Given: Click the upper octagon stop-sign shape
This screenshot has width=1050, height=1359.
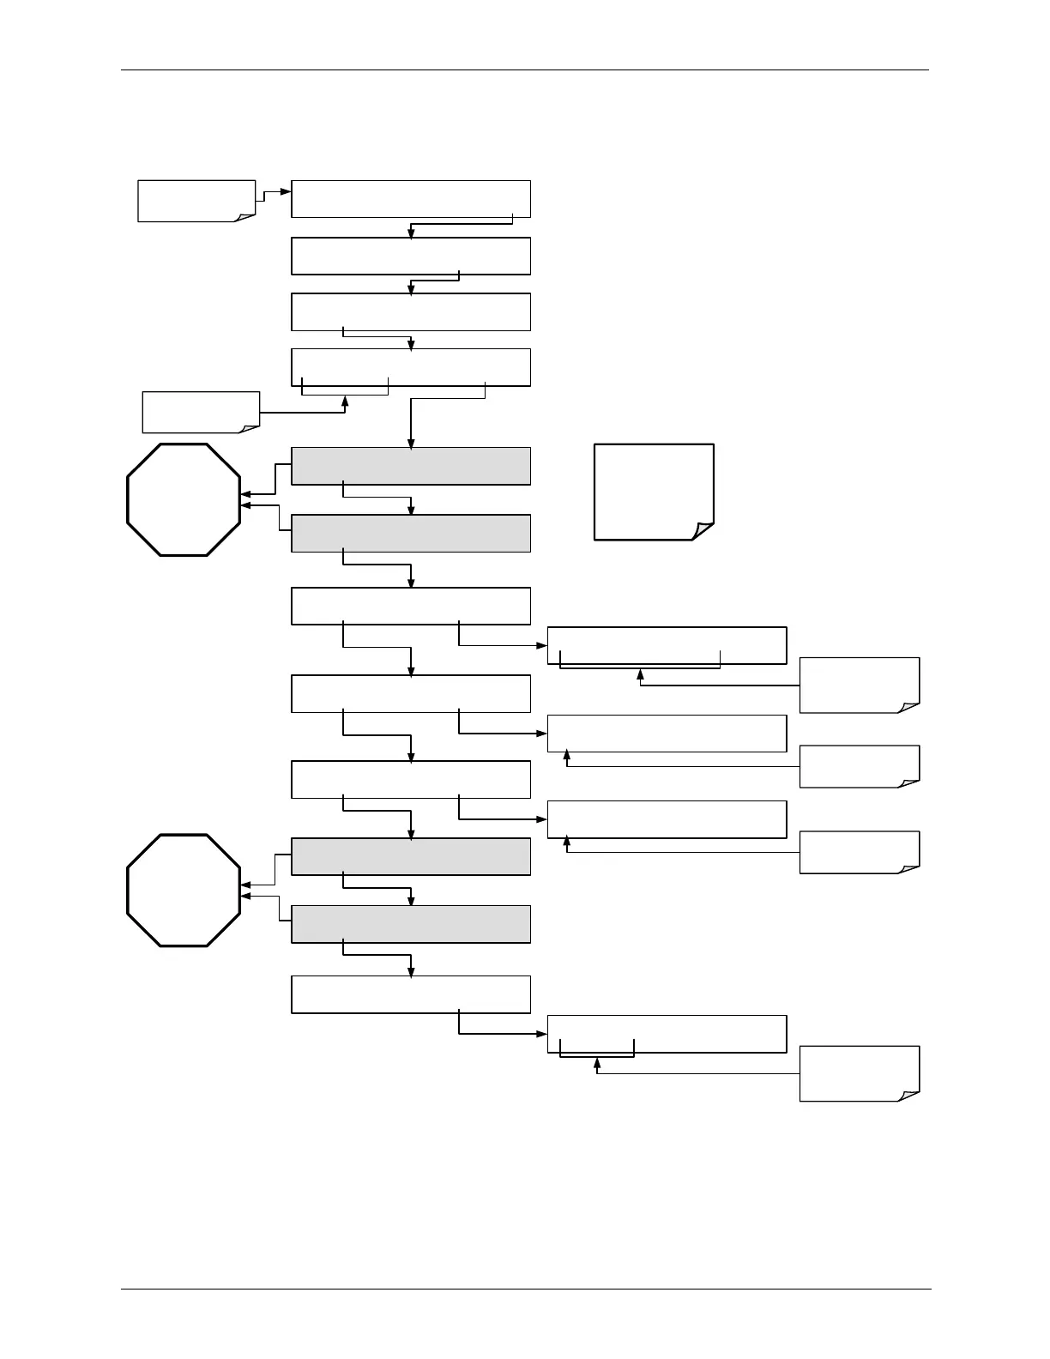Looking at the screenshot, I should (x=184, y=499).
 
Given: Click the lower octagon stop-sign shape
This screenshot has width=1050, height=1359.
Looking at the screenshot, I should (x=184, y=890).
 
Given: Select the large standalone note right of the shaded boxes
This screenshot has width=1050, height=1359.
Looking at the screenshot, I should (x=654, y=491).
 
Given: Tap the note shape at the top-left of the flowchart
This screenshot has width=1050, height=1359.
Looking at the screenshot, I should (x=196, y=201).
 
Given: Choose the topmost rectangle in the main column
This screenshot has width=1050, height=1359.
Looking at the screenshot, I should (x=411, y=199).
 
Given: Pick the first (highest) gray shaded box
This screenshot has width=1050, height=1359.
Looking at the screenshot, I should (x=411, y=466).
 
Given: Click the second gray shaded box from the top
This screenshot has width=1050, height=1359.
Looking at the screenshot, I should (x=411, y=533).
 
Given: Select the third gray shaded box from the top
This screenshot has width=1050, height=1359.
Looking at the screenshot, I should (x=411, y=856).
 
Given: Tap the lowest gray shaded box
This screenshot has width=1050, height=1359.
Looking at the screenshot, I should (x=411, y=924).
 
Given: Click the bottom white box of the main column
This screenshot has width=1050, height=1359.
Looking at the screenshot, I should (x=411, y=994).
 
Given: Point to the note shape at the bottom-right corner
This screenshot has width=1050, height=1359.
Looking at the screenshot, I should (x=859, y=1072).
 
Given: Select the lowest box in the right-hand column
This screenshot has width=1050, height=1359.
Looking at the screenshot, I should (x=667, y=1033).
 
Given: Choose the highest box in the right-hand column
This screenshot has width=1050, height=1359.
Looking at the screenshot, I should (x=667, y=645).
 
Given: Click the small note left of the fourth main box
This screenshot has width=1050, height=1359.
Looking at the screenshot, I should (x=200, y=412).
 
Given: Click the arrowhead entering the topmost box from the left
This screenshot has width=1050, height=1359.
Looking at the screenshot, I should (x=287, y=192).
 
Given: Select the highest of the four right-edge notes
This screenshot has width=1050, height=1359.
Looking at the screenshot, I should (x=859, y=685).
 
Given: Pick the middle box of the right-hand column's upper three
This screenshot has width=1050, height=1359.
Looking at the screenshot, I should (x=667, y=733).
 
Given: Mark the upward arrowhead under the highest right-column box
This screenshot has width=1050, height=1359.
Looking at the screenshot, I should (x=640, y=674).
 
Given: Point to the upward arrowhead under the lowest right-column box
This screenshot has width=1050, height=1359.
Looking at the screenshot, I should (x=597, y=1062).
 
